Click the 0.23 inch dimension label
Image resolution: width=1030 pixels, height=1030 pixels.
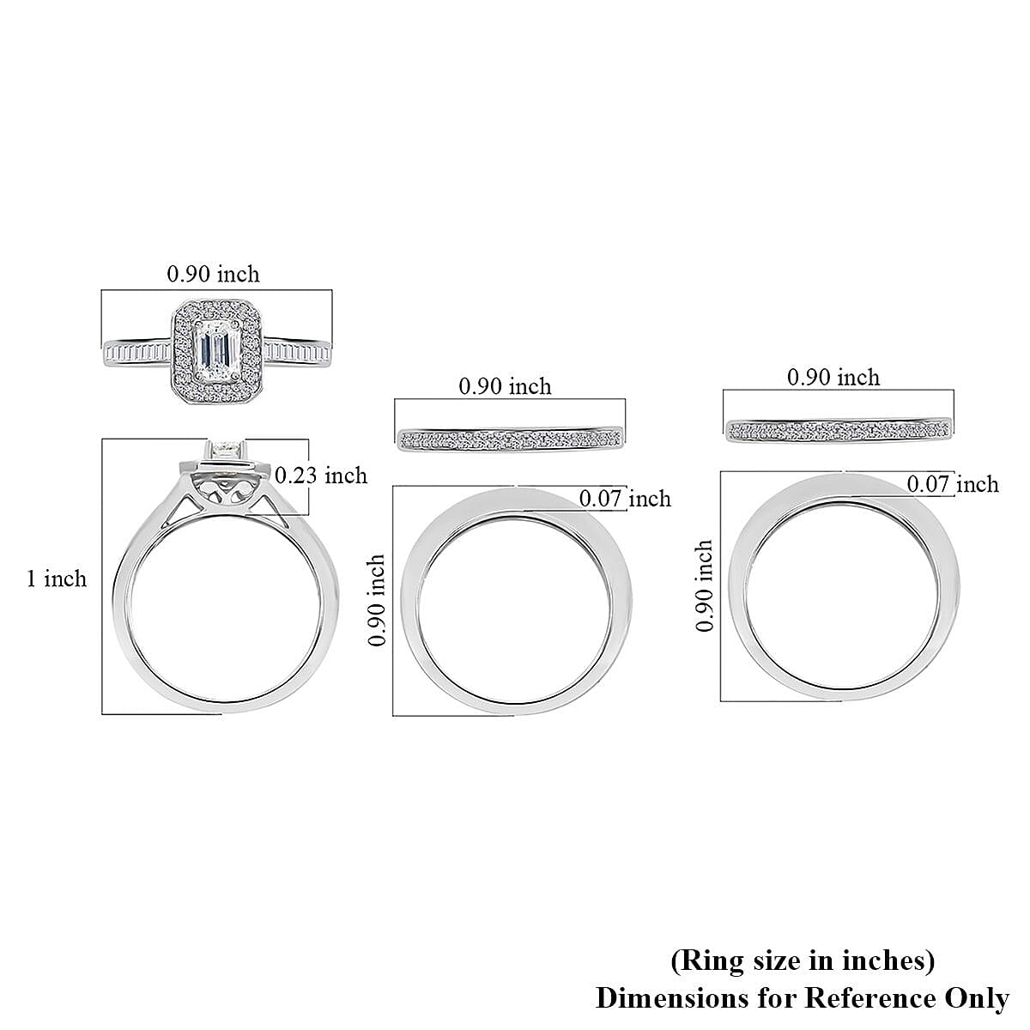(x=321, y=476)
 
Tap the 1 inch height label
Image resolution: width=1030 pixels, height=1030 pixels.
(x=57, y=579)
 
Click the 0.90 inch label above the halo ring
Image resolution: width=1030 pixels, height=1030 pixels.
(x=213, y=274)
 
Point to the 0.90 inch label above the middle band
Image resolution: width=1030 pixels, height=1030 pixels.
(x=505, y=386)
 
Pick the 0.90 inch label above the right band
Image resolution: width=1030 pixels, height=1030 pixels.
(x=833, y=378)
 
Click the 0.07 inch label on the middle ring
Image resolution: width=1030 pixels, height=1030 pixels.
(x=626, y=499)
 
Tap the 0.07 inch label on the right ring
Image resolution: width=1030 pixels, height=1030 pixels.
(x=953, y=484)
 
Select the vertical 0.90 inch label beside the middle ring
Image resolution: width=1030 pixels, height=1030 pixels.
(x=377, y=600)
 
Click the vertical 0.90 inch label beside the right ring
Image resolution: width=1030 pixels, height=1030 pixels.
(x=705, y=585)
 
